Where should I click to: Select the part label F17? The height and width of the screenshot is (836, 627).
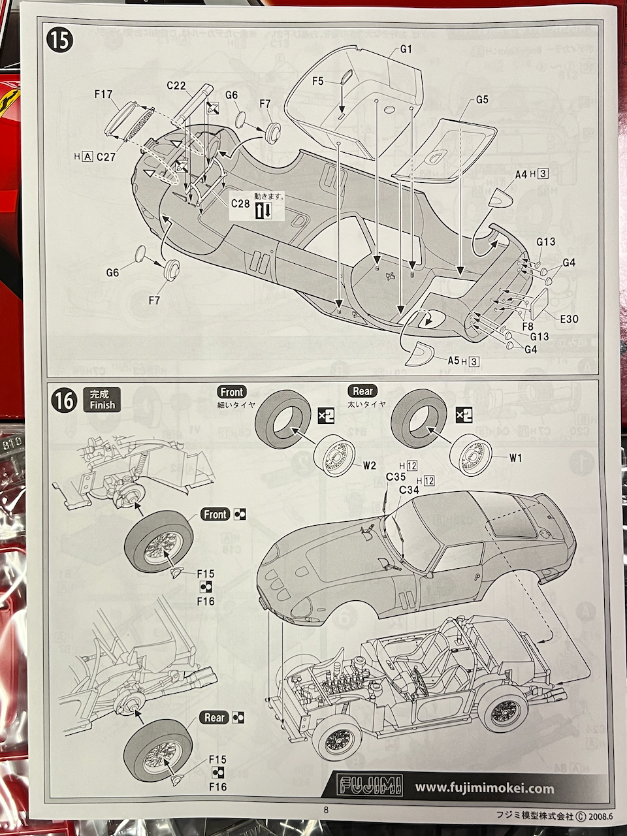(104, 94)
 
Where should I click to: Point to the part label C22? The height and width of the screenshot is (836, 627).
(177, 86)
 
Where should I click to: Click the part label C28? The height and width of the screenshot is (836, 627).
(240, 203)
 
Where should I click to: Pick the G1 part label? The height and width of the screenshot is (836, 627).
(406, 49)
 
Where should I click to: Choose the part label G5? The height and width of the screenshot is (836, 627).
(482, 100)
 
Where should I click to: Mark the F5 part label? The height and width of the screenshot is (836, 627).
(318, 81)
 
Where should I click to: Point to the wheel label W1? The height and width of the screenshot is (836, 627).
(515, 457)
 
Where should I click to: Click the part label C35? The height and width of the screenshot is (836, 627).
(396, 477)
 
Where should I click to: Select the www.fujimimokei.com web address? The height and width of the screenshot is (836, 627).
(485, 788)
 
